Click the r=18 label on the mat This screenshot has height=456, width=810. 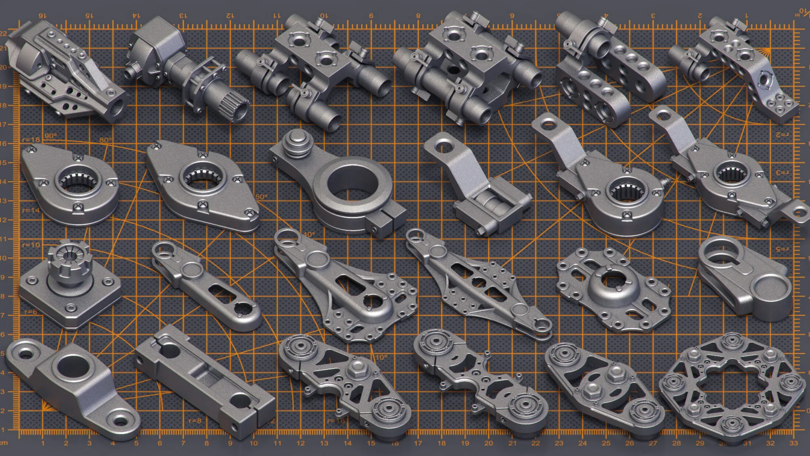[x=31, y=140]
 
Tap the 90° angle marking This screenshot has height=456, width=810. [x=51, y=136]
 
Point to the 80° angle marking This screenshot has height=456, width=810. [x=105, y=140]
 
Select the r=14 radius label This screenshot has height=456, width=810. [x=31, y=210]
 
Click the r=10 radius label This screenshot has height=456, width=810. [x=31, y=245]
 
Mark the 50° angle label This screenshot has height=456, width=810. [x=262, y=197]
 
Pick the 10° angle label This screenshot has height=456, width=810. [x=381, y=357]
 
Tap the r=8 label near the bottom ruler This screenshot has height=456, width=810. [x=195, y=421]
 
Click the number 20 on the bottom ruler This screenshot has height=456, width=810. [x=488, y=443]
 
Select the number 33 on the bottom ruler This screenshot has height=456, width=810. [x=793, y=443]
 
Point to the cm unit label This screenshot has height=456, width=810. [x=4, y=443]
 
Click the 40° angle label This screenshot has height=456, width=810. [x=309, y=234]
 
